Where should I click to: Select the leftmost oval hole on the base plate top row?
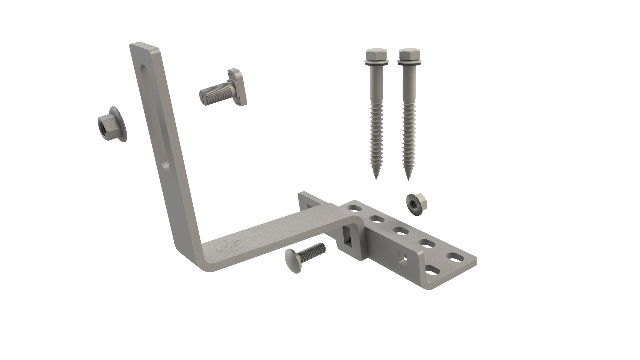click(x=353, y=208)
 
